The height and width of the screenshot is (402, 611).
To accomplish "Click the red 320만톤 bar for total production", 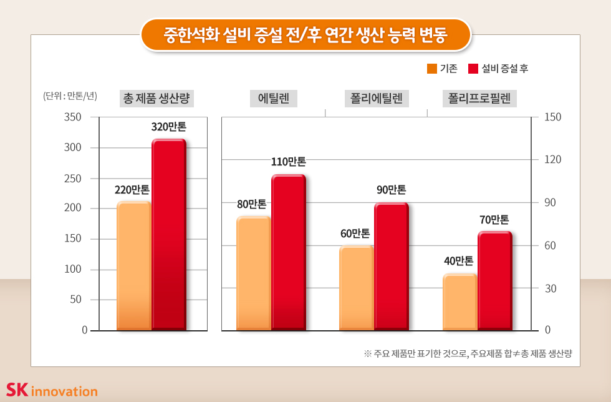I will pyautogui.click(x=169, y=234).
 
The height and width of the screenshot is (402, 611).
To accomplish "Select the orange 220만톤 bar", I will pyautogui.click(x=133, y=265).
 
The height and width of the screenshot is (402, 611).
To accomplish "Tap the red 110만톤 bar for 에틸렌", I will pyautogui.click(x=288, y=252).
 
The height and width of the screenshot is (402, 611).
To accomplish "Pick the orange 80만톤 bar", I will pyautogui.click(x=254, y=273).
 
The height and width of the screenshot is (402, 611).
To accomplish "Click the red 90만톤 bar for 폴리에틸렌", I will pyautogui.click(x=391, y=266).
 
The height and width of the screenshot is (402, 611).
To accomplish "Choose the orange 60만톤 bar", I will pyautogui.click(x=356, y=287).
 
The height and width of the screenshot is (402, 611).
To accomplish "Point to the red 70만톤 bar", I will pyautogui.click(x=494, y=280).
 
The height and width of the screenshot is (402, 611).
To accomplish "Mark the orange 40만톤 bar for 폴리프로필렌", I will pyautogui.click(x=459, y=301).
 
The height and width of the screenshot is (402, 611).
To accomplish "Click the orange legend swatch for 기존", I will pyautogui.click(x=432, y=69).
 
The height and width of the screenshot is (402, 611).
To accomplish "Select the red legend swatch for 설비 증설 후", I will pyautogui.click(x=473, y=69).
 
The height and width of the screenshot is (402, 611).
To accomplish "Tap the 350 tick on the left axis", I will pyautogui.click(x=73, y=117).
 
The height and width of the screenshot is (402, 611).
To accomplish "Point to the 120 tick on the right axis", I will pyautogui.click(x=553, y=160).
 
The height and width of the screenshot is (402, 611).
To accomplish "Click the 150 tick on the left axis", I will pyautogui.click(x=73, y=239).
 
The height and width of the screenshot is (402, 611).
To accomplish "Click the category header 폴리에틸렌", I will pyautogui.click(x=376, y=98).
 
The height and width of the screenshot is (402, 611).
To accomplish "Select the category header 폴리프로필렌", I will pyautogui.click(x=479, y=98).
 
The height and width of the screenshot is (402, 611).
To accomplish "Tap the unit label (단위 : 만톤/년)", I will pyautogui.click(x=70, y=96).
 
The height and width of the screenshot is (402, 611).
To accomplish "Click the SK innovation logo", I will pyautogui.click(x=52, y=390).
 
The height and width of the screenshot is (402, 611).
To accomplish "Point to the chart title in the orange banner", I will pyautogui.click(x=305, y=34).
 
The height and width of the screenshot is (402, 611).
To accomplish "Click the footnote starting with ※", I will pyautogui.click(x=468, y=353).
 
